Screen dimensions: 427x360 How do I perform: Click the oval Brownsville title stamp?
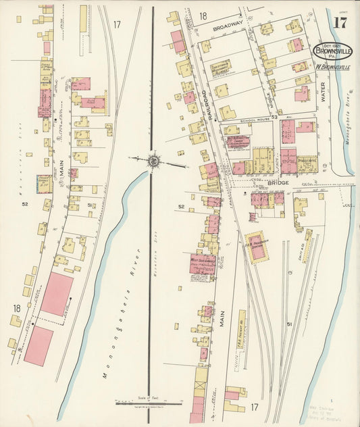[x=332, y=51]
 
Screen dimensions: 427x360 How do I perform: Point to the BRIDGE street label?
[x=277, y=182]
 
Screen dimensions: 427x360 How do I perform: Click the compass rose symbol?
[x=154, y=161]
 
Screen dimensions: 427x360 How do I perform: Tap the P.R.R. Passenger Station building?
[x=257, y=247]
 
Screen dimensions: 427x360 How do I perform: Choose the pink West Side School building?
[x=201, y=263]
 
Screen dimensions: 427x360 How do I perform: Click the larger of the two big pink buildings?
[x=57, y=294]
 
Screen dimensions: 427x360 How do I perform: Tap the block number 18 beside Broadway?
[x=203, y=15]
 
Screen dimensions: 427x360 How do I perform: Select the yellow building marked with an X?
[x=200, y=387]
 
